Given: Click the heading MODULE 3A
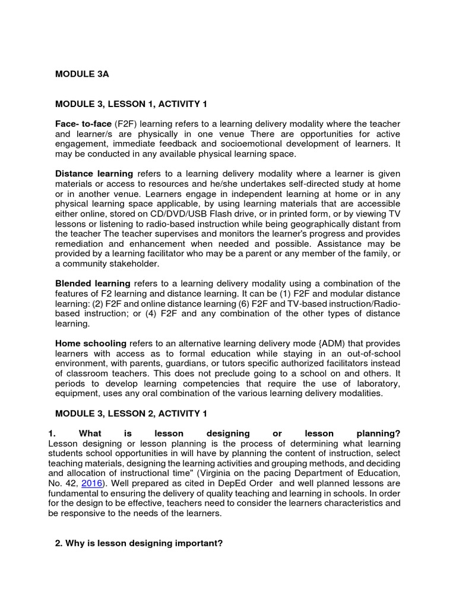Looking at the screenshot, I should [x=82, y=74].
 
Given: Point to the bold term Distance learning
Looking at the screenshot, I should [x=94, y=174].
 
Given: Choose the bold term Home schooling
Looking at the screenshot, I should [x=91, y=344].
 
